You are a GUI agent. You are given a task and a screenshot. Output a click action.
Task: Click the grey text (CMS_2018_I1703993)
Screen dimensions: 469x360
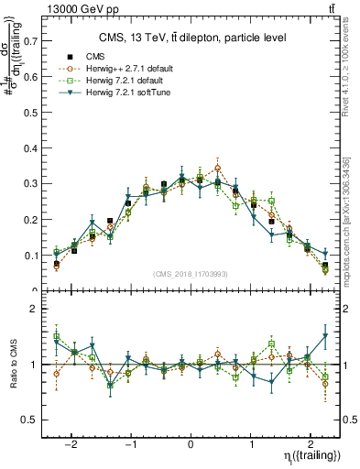pyautogui.click(x=191, y=274)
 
